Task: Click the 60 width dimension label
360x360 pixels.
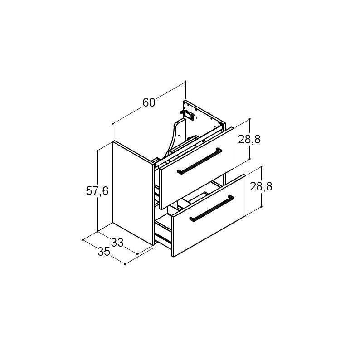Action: pyautogui.click(x=149, y=102)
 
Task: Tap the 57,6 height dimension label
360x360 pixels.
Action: pyautogui.click(x=97, y=191)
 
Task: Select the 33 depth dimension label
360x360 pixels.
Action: pyautogui.click(x=117, y=243)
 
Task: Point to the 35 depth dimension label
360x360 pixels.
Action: pyautogui.click(x=104, y=252)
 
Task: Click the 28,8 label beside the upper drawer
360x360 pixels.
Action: pyautogui.click(x=249, y=139)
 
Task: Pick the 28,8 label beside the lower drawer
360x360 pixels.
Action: pyautogui.click(x=261, y=186)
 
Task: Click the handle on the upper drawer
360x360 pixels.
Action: pyautogui.click(x=200, y=161)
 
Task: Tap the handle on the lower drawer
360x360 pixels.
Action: pyautogui.click(x=212, y=208)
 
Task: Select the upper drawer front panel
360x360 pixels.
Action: pyautogui.click(x=197, y=168)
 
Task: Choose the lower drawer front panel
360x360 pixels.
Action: pyautogui.click(x=209, y=215)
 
